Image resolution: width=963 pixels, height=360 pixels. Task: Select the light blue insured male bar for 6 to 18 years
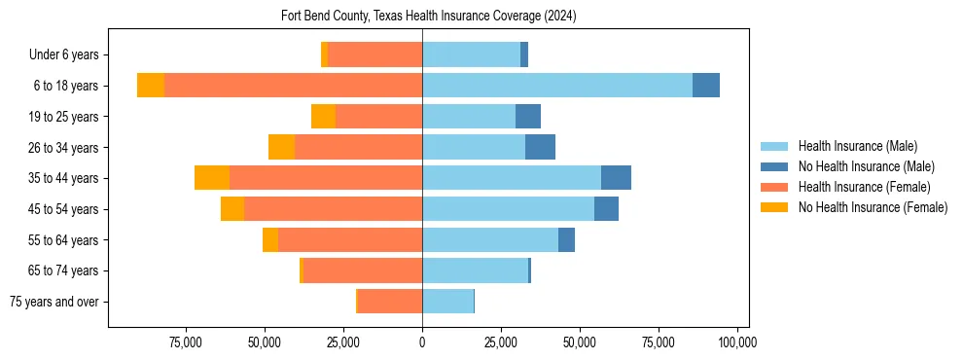(x=557, y=86)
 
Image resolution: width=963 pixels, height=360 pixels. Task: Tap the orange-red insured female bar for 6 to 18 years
(x=293, y=86)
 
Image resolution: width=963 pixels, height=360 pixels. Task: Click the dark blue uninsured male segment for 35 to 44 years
(x=616, y=178)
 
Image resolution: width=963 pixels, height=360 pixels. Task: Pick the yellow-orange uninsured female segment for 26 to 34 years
(x=281, y=147)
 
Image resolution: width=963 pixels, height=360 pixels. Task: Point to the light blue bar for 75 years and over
(x=447, y=302)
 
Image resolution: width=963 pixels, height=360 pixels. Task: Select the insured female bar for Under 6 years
(x=374, y=54)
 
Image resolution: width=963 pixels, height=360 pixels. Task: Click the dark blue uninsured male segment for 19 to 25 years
(x=527, y=117)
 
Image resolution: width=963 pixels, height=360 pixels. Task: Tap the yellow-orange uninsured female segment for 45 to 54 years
(x=232, y=209)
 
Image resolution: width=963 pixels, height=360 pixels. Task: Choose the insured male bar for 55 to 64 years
(x=490, y=240)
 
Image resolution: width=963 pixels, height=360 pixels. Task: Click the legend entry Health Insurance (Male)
(x=857, y=146)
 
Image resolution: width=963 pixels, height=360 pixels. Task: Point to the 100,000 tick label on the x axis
(x=736, y=342)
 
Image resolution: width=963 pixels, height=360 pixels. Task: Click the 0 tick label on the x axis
(x=422, y=342)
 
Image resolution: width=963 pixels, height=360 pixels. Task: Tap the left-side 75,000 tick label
(x=186, y=342)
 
